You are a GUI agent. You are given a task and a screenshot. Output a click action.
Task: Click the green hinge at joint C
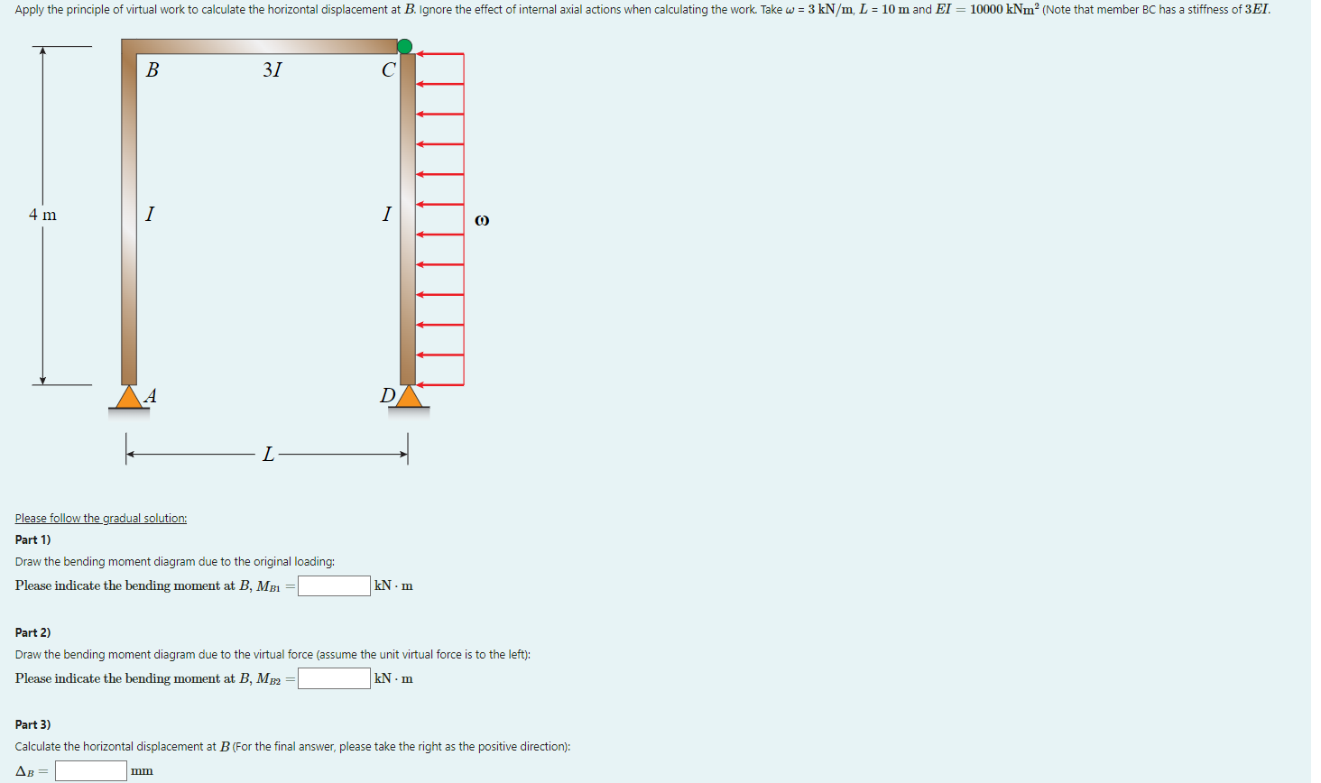[x=405, y=46]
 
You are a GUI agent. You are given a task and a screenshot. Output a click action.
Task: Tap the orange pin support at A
[x=129, y=398]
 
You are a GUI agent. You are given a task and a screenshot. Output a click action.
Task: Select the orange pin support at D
[x=410, y=397]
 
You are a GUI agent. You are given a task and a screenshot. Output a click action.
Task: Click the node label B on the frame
[x=152, y=69]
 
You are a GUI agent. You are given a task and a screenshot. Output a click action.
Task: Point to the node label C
[x=388, y=70]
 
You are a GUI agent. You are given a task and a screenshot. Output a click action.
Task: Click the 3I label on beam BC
[x=273, y=69]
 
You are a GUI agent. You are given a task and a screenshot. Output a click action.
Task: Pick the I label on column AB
[x=150, y=214]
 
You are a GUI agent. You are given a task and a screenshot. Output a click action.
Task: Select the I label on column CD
[x=387, y=214]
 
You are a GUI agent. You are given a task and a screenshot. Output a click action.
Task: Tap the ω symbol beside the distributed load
[x=482, y=220]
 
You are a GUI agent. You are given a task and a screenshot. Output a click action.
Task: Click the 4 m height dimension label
[x=42, y=215]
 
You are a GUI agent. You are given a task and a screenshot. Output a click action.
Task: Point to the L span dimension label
[x=268, y=455]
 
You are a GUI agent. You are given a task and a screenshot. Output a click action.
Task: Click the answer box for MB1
[x=334, y=586]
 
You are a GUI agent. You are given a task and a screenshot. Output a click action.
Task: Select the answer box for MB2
[x=334, y=678]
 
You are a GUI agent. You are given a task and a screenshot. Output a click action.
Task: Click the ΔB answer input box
[x=91, y=770]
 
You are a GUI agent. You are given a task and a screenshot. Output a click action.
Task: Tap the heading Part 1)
[x=33, y=539]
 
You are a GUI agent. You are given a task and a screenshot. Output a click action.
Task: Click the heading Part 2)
[x=33, y=632]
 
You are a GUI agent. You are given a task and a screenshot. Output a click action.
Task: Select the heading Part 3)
[x=33, y=724]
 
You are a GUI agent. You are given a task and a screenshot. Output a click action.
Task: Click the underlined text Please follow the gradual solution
[x=101, y=518]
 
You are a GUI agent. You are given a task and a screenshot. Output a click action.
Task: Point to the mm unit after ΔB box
[x=142, y=771]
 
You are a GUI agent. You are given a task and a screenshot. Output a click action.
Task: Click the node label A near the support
[x=151, y=395]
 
